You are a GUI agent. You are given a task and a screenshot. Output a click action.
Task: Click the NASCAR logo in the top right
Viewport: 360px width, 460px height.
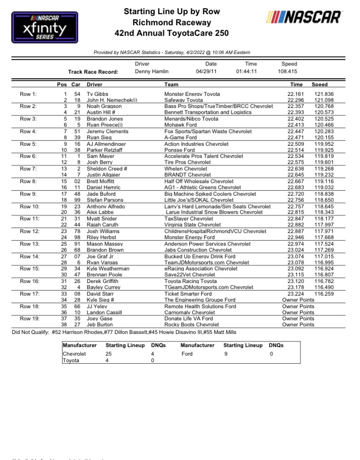click(x=305, y=18)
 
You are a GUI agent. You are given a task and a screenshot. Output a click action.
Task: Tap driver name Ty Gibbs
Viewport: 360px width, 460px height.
click(x=97, y=94)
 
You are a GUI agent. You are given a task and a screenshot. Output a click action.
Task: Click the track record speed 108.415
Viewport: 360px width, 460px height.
click(x=292, y=72)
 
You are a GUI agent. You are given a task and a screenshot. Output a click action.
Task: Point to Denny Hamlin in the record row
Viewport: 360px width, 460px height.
click(x=152, y=72)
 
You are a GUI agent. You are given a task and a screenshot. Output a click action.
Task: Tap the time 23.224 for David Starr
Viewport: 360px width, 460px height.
click(x=296, y=294)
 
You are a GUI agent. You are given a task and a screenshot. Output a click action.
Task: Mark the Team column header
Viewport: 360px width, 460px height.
click(x=171, y=85)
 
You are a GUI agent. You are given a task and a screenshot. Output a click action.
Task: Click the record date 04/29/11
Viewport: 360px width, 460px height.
click(x=211, y=72)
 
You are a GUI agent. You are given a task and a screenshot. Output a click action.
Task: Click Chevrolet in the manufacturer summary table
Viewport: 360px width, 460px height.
click(x=74, y=354)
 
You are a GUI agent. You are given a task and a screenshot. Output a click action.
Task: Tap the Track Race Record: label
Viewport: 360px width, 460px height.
click(x=93, y=72)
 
